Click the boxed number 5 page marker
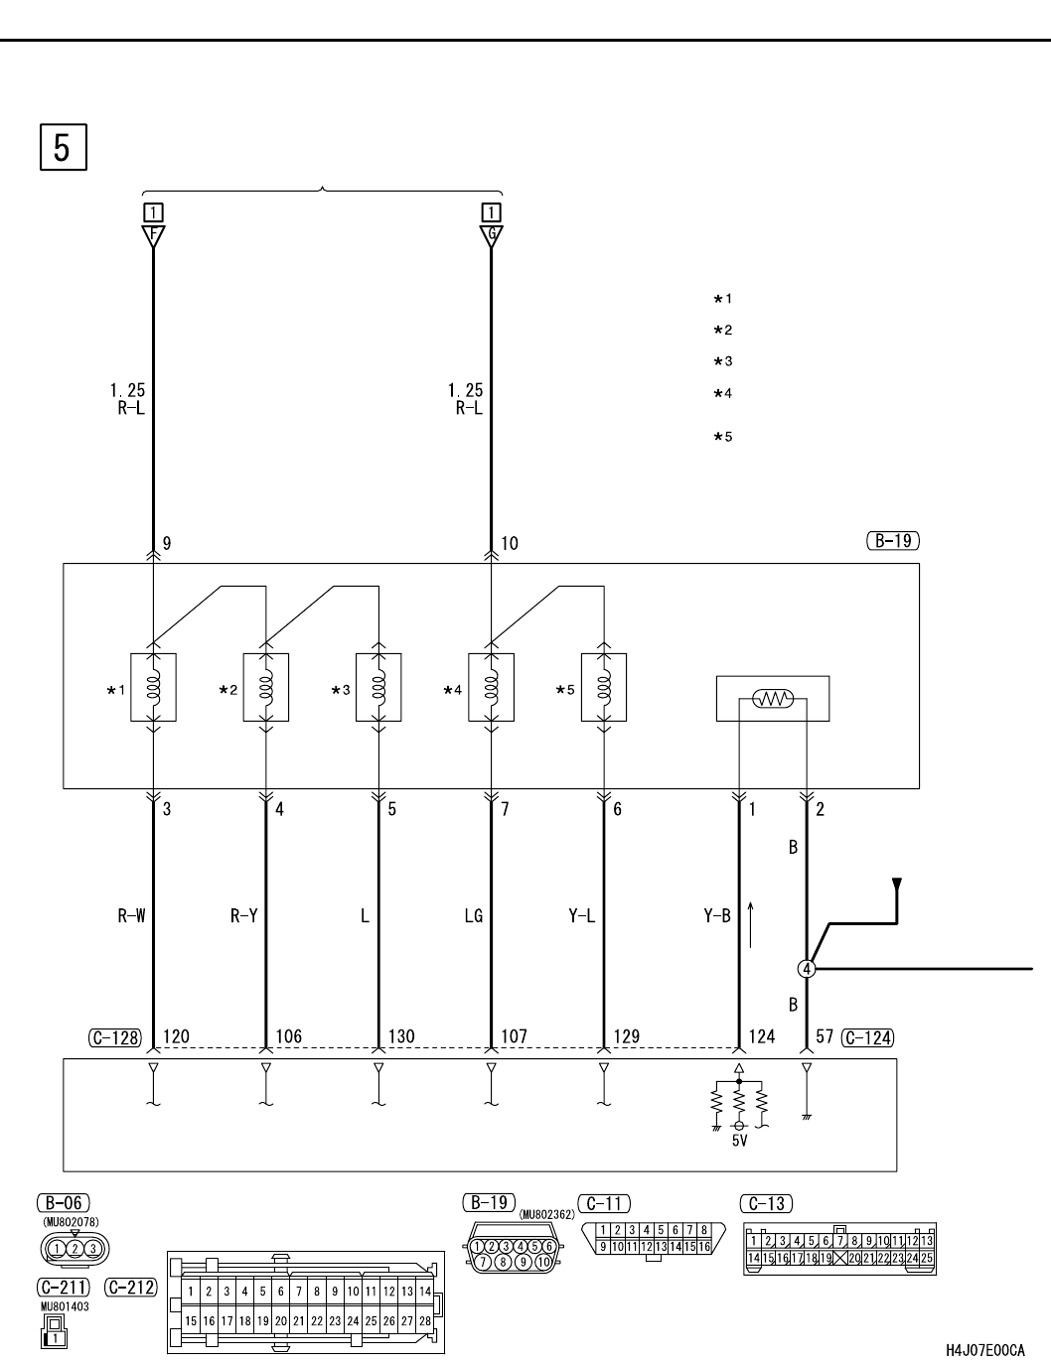tap(63, 146)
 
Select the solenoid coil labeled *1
tap(153, 687)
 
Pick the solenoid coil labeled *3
tap(378, 687)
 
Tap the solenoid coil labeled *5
tap(603, 687)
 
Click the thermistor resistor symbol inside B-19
tap(773, 699)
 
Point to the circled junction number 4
tap(807, 968)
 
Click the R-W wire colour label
tap(131, 916)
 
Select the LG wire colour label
tap(473, 916)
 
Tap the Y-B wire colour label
tap(716, 916)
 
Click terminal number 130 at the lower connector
tap(400, 1037)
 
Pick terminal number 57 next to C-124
tap(824, 1037)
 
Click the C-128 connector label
tap(115, 1038)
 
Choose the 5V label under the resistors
tap(738, 1142)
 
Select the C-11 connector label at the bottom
tap(604, 1204)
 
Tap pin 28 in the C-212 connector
tap(425, 1321)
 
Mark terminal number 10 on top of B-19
tap(510, 544)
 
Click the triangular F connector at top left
tap(152, 236)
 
